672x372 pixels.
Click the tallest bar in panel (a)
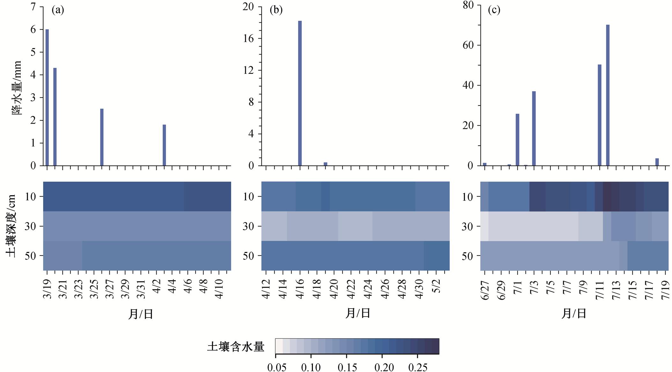(x=47, y=97)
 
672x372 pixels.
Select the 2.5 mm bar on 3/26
(x=102, y=137)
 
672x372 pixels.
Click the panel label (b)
(x=276, y=10)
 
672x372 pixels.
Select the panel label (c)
(x=494, y=10)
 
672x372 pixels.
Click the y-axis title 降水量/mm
(x=17, y=88)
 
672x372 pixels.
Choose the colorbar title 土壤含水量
(x=236, y=347)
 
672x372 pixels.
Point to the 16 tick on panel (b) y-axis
(x=248, y=39)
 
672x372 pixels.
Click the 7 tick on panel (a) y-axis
(x=33, y=7)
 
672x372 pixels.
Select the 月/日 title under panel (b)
(x=358, y=313)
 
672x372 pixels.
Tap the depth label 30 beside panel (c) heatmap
(x=467, y=226)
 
